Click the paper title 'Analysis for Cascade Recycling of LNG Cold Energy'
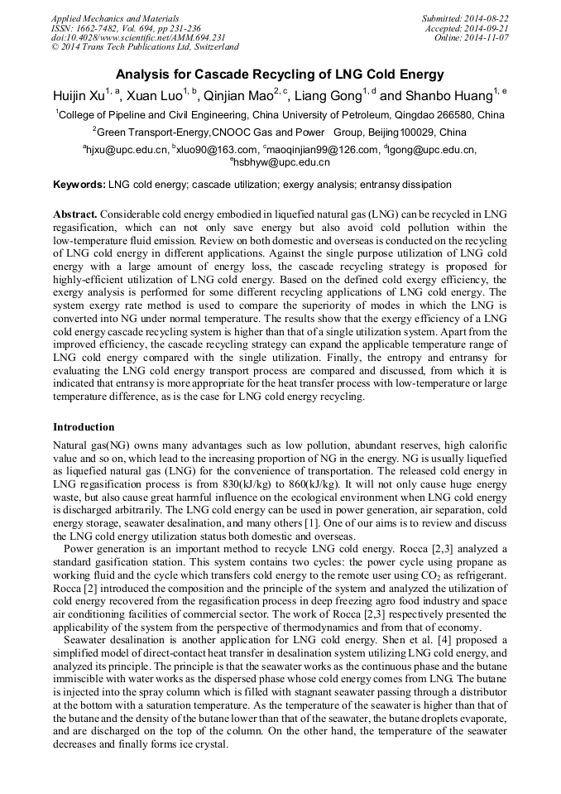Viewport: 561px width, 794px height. pyautogui.click(x=280, y=75)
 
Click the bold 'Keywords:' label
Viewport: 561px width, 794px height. pyautogui.click(x=79, y=185)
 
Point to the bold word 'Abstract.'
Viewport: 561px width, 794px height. pyautogui.click(x=77, y=214)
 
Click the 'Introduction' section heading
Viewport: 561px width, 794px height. pyautogui.click(x=84, y=427)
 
